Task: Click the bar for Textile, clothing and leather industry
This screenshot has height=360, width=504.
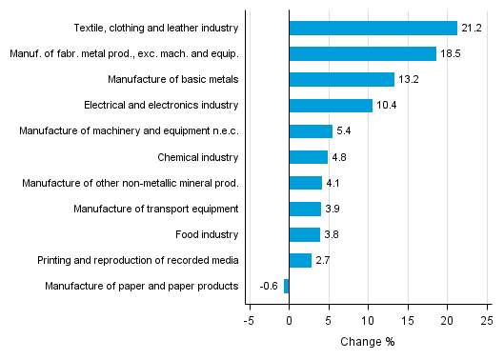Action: tap(373, 28)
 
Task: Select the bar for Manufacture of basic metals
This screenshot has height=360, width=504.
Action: tap(341, 79)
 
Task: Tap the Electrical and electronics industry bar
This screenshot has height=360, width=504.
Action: tap(330, 105)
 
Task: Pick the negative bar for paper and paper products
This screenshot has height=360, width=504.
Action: tap(286, 286)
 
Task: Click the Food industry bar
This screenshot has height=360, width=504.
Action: tap(304, 234)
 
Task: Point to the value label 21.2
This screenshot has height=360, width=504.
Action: tap(471, 28)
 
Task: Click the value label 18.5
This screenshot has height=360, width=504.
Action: tap(450, 53)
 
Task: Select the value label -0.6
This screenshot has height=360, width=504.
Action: tap(269, 286)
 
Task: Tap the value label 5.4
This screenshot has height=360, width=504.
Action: tap(345, 130)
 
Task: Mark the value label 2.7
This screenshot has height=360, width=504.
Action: tap(323, 260)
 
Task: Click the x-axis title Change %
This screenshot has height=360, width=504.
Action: tap(367, 342)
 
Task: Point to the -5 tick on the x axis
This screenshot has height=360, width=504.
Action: tap(249, 321)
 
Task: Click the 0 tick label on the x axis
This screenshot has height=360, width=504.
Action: tap(289, 321)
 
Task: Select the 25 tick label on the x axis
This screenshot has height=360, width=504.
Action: tap(486, 321)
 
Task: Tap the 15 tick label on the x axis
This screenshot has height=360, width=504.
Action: tap(407, 321)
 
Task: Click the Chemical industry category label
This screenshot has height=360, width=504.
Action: tap(198, 156)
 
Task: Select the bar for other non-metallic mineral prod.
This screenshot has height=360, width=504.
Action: tap(305, 183)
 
